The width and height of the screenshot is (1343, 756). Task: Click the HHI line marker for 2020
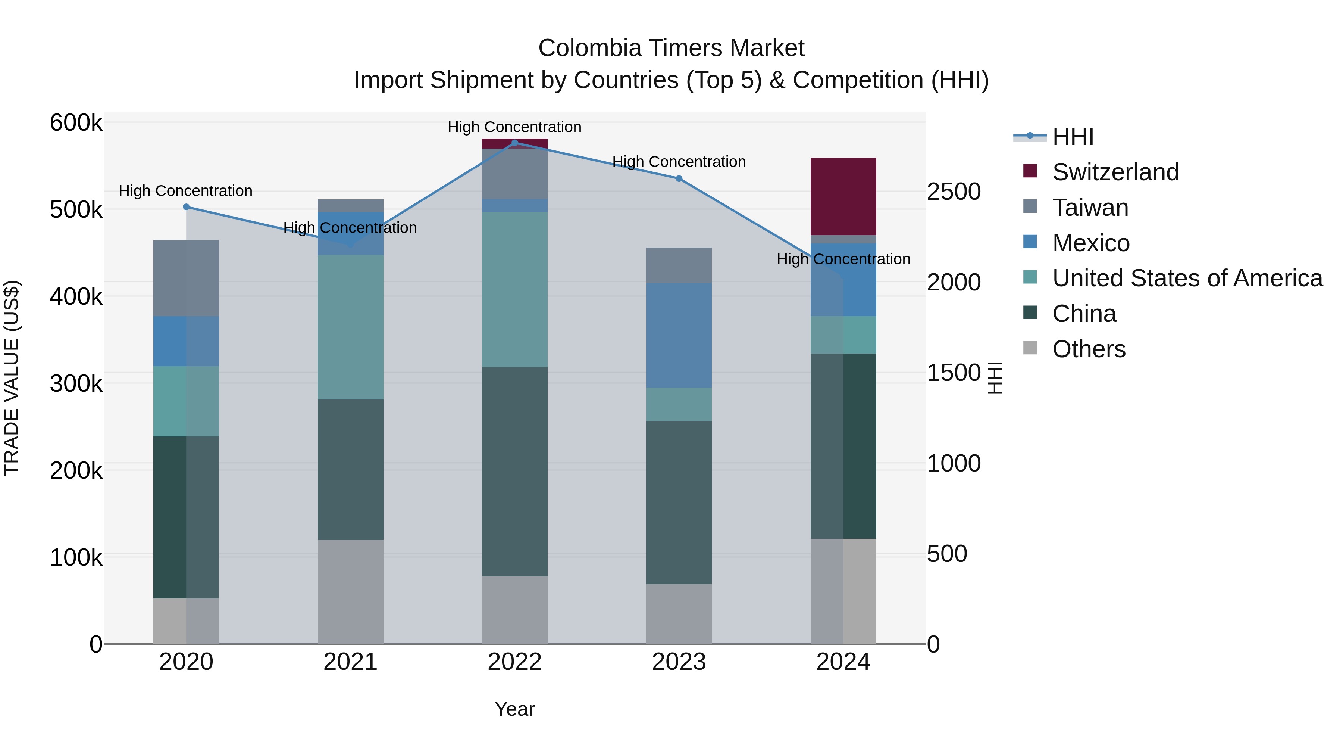tap(186, 207)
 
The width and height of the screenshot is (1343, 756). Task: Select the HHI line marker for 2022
tap(514, 143)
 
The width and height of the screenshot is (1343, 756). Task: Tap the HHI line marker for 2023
tap(679, 178)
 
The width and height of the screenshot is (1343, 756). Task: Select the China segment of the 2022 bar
tap(514, 471)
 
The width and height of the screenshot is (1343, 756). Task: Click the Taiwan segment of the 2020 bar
tap(186, 278)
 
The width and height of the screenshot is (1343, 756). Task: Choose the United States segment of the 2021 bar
tap(350, 327)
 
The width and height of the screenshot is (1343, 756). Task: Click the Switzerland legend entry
tap(1115, 172)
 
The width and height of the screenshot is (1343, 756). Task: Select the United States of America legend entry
tap(1187, 278)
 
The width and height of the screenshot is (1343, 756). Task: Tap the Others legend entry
tap(1089, 349)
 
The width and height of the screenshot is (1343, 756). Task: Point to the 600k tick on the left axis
tap(76, 123)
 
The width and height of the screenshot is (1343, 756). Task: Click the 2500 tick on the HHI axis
tap(954, 192)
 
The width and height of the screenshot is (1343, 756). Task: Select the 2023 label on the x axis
tap(679, 662)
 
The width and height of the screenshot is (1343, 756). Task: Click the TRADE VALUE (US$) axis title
tap(12, 378)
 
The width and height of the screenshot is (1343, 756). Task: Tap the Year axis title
tap(514, 709)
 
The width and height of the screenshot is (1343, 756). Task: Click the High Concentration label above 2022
tap(514, 127)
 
